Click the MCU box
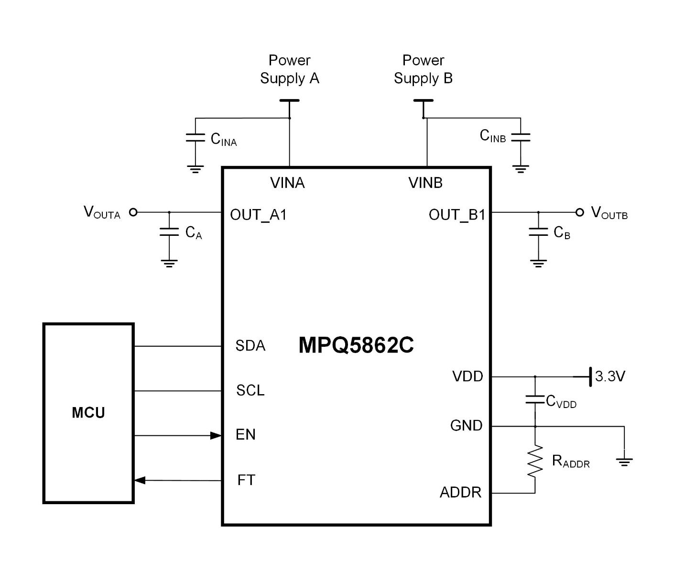pyautogui.click(x=88, y=413)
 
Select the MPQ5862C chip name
pyautogui.click(x=356, y=345)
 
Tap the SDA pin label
pyautogui.click(x=250, y=346)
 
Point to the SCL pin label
pyautogui.click(x=250, y=390)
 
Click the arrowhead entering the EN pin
pyautogui.click(x=216, y=435)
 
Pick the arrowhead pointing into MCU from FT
pyautogui.click(x=140, y=480)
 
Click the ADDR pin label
pyautogui.click(x=460, y=492)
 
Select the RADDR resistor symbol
pyautogui.click(x=535, y=461)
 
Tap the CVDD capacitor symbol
pyautogui.click(x=535, y=399)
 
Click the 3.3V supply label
pyautogui.click(x=610, y=376)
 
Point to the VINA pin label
pyautogui.click(x=287, y=183)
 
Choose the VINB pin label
pyautogui.click(x=425, y=183)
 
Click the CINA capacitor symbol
pyautogui.click(x=195, y=138)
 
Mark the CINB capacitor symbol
pyautogui.click(x=521, y=137)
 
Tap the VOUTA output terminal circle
pyautogui.click(x=134, y=212)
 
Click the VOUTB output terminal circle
pyautogui.click(x=580, y=212)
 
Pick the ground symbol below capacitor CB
pyautogui.click(x=538, y=263)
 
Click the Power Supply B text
pyautogui.click(x=423, y=69)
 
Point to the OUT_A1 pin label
pyautogui.click(x=258, y=215)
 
